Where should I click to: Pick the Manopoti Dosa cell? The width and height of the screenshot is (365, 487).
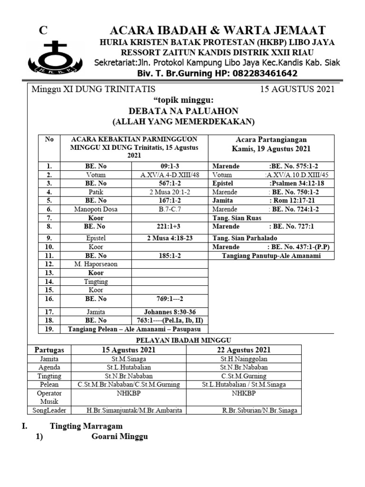point(96,209)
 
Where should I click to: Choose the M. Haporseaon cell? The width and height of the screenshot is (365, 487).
point(96,264)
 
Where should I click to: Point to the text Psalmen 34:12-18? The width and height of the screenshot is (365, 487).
point(297,183)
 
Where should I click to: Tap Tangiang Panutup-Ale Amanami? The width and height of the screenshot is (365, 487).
point(271,256)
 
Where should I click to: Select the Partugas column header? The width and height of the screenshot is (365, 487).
point(49,350)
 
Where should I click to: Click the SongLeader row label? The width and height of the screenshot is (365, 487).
point(49,410)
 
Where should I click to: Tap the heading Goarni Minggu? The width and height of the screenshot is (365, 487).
point(119,437)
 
